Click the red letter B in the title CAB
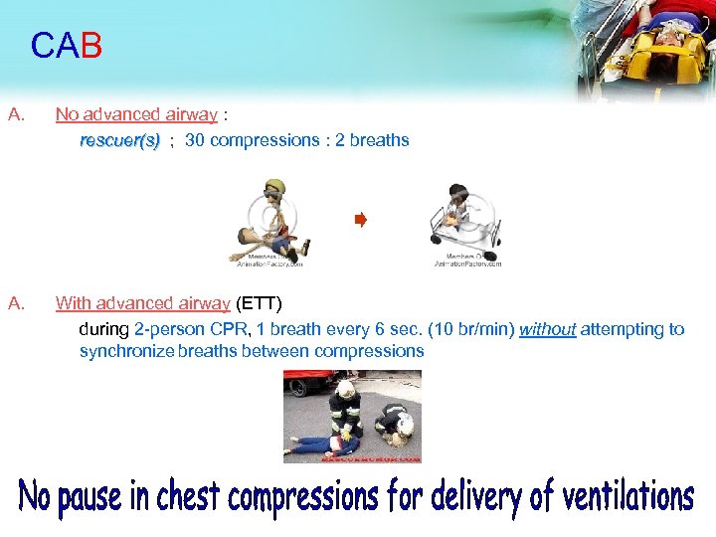pos(90,46)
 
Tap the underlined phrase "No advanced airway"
pos(136,114)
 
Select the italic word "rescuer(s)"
pos(119,140)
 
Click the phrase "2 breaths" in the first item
pos(372,140)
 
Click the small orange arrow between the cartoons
pos(361,220)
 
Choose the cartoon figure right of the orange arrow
pos(461,219)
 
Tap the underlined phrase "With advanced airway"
pos(143,303)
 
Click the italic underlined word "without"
pos(547,329)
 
